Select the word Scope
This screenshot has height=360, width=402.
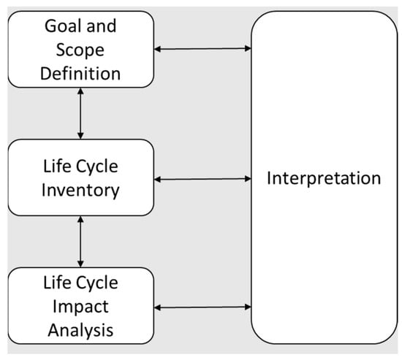pyautogui.click(x=81, y=50)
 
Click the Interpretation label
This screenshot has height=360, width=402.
pyautogui.click(x=324, y=178)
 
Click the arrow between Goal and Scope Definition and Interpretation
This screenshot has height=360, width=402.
pyautogui.click(x=202, y=49)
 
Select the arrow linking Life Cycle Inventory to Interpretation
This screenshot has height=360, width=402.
pyautogui.click(x=202, y=178)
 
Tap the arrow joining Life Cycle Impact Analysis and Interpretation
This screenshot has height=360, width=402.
pyautogui.click(x=202, y=307)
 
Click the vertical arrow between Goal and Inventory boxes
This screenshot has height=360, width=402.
pyautogui.click(x=80, y=113)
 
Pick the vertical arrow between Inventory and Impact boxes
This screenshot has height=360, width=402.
pyautogui.click(x=80, y=242)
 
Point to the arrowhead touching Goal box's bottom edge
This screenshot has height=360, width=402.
pyautogui.click(x=80, y=92)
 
